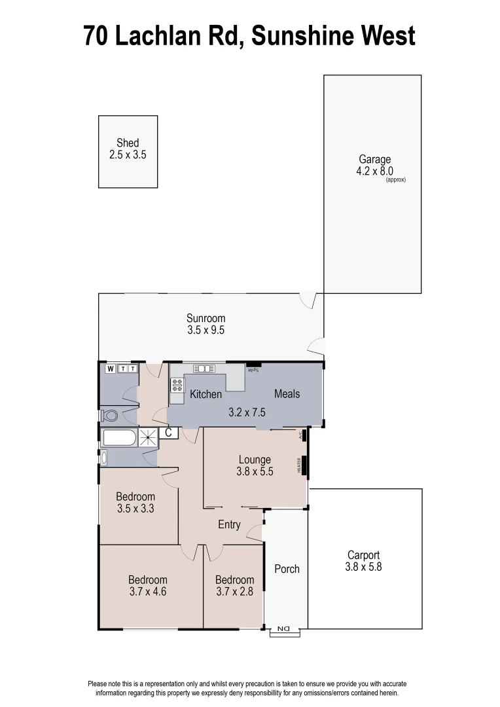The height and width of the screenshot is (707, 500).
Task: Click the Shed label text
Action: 128,143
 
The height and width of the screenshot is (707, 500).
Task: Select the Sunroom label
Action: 205,319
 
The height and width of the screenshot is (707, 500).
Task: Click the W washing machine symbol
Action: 111,369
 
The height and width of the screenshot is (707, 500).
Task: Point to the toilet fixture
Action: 109,416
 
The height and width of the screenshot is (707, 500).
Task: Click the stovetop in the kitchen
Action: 177,385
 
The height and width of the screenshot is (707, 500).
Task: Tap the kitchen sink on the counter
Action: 204,369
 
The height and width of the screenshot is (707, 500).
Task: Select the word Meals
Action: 287,393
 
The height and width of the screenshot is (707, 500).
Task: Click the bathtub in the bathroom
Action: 118,438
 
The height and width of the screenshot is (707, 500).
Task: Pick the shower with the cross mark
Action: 148,438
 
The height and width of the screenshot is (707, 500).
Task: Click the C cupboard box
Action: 168,433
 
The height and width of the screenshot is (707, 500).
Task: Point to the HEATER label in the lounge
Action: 300,465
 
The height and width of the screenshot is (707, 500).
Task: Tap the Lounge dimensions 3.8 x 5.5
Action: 255,471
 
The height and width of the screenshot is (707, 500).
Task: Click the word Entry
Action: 229,525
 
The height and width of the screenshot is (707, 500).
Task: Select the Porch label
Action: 287,569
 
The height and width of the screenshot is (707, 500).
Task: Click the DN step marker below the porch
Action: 285,630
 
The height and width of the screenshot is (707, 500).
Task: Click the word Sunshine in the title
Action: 302,35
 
